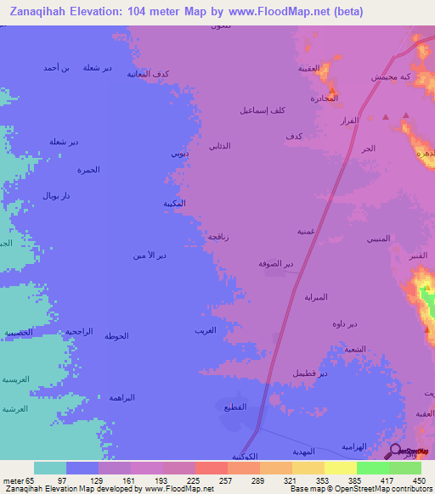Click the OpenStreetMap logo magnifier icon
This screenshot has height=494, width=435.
[396, 452]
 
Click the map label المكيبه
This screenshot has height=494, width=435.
[175, 204]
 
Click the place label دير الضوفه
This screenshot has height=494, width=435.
[276, 264]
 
